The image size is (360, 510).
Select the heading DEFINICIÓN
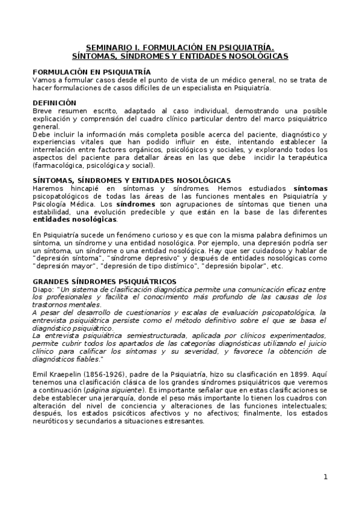pyautogui.click(x=54, y=103)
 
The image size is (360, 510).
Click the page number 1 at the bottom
pyautogui.click(x=325, y=477)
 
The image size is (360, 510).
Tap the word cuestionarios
pyautogui.click(x=136, y=312)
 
